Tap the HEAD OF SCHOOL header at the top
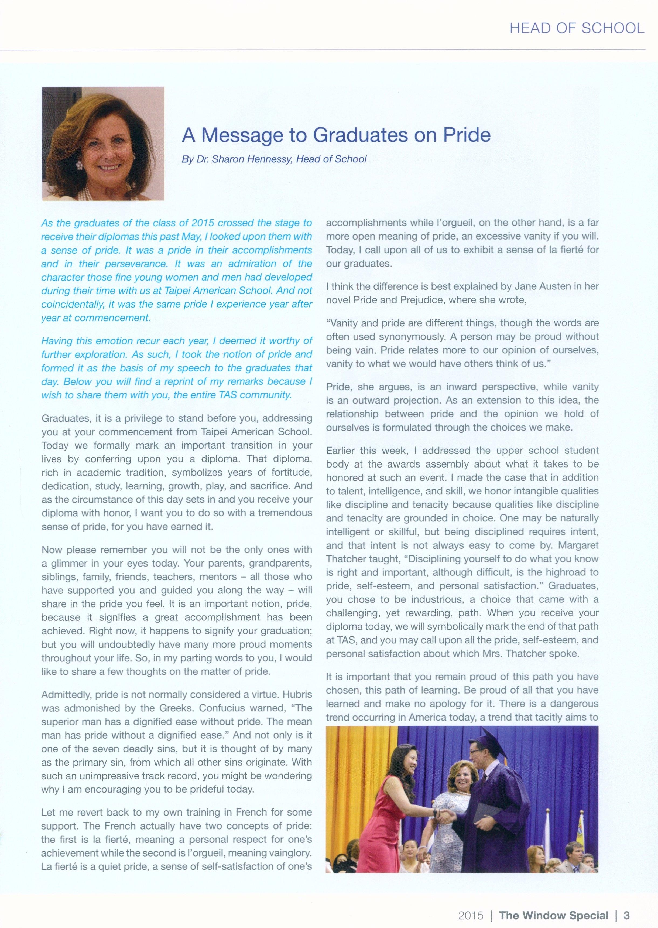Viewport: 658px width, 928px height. coord(577,28)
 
